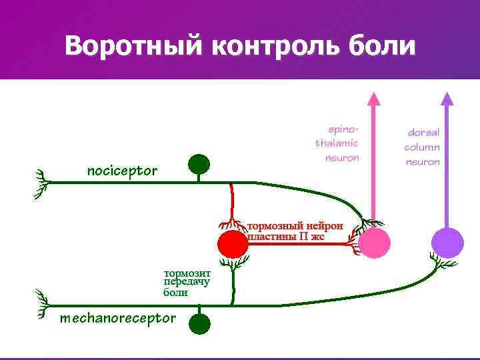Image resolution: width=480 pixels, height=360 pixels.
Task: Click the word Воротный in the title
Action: tap(134, 46)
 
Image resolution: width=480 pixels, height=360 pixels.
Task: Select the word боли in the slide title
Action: tap(382, 46)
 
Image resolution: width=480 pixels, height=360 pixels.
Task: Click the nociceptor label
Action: tap(123, 171)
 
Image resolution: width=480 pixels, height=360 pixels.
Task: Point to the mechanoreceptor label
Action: tap(118, 318)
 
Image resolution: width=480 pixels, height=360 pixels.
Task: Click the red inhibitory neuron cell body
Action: tap(233, 244)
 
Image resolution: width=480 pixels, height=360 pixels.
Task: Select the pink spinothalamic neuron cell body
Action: tap(374, 243)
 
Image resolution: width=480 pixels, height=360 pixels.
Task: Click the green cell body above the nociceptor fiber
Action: tap(199, 163)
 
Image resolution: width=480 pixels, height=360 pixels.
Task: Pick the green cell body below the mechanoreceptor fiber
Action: tap(199, 325)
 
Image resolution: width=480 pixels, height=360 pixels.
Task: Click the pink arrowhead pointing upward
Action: tap(374, 99)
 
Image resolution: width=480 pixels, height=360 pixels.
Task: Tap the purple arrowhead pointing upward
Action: tap(447, 99)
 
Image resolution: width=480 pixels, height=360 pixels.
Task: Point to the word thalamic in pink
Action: tap(337, 143)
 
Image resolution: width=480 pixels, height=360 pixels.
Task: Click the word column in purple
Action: tap(423, 147)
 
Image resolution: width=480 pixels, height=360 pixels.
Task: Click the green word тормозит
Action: tap(187, 273)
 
